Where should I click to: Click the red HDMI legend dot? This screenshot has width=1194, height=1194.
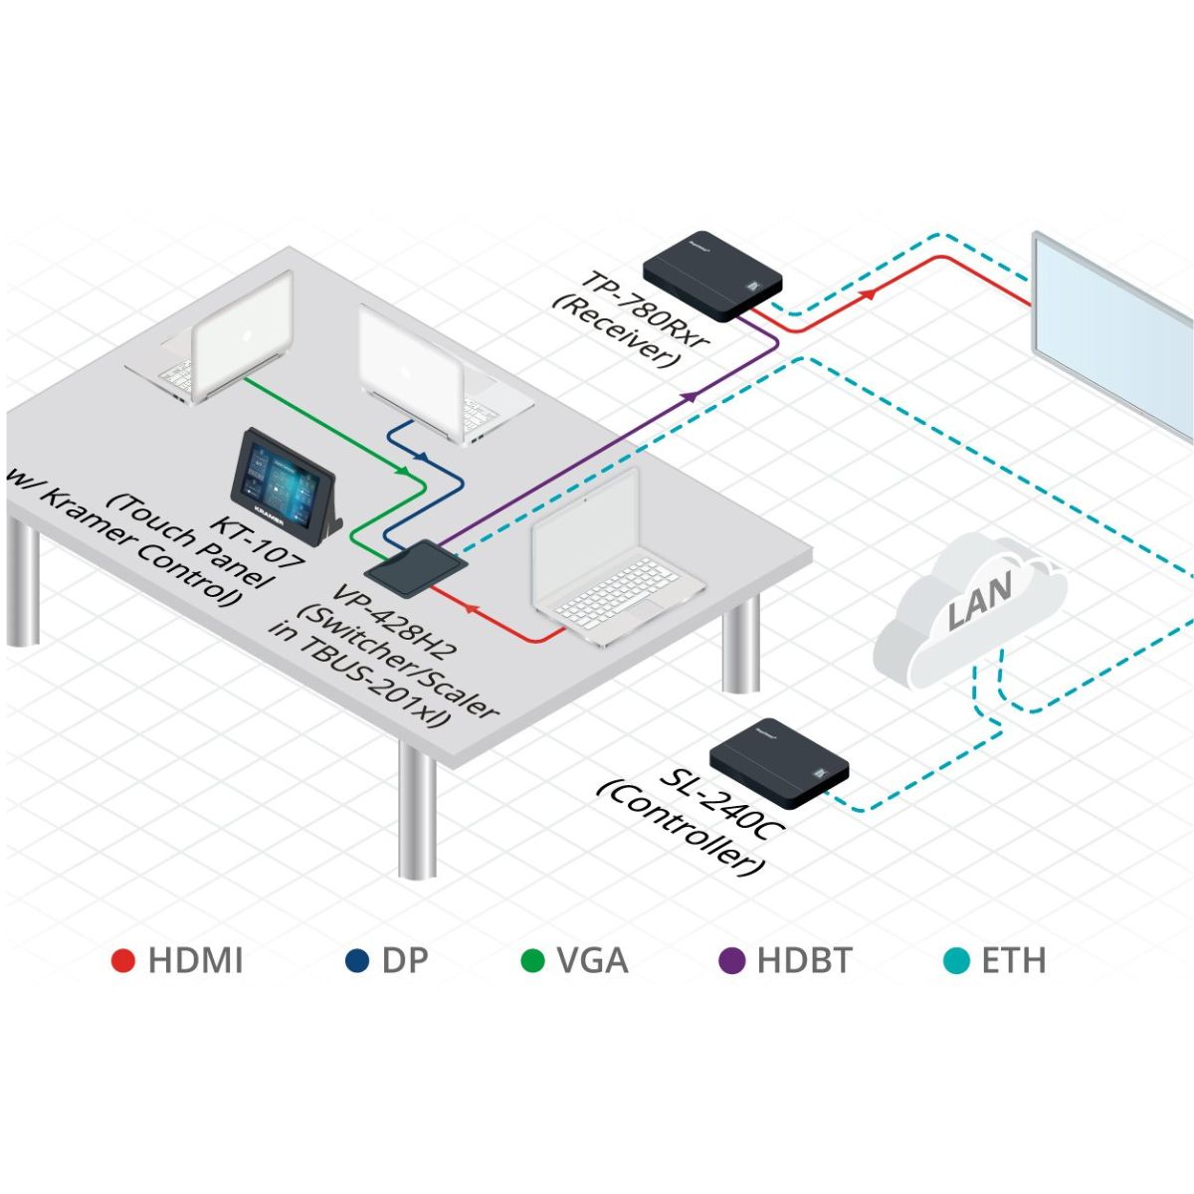(x=123, y=961)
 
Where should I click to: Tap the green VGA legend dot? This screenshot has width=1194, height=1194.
(x=533, y=961)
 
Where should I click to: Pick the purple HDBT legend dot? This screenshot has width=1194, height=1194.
(x=732, y=961)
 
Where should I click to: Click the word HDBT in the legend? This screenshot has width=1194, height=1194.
(x=804, y=961)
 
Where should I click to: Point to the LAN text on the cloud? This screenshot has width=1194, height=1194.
(x=979, y=601)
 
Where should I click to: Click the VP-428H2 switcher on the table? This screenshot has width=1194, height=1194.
(x=415, y=568)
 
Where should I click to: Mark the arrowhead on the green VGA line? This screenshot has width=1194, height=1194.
(x=403, y=470)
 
